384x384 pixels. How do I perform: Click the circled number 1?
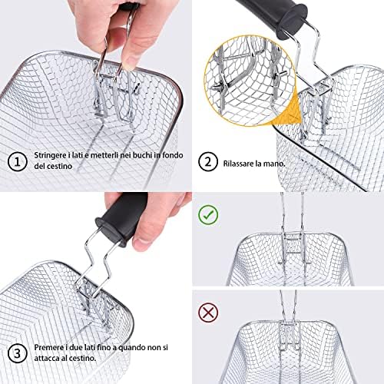click(x=17, y=161)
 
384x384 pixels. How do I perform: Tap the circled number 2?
click(x=208, y=161)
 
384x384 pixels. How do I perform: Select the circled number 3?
click(x=17, y=353)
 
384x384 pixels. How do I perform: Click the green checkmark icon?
click(x=208, y=215)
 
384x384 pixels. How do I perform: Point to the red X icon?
click(x=208, y=313)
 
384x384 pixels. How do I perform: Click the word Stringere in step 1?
click(x=51, y=156)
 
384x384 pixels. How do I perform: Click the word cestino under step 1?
click(x=59, y=166)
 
